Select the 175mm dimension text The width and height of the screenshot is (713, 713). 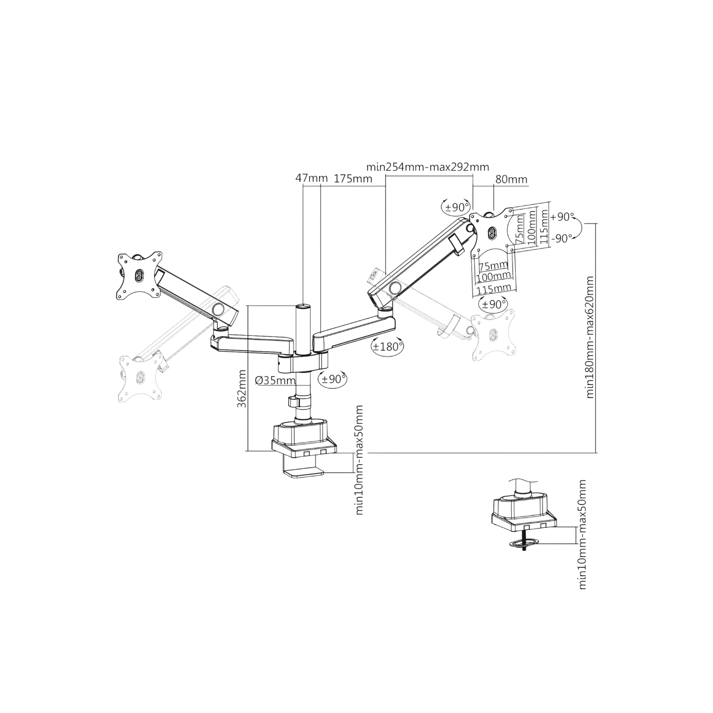tap(353, 179)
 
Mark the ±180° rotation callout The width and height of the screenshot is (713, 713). tap(387, 346)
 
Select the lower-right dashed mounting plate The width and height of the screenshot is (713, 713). tap(491, 334)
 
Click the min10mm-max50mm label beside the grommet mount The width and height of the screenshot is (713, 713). tap(583, 533)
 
